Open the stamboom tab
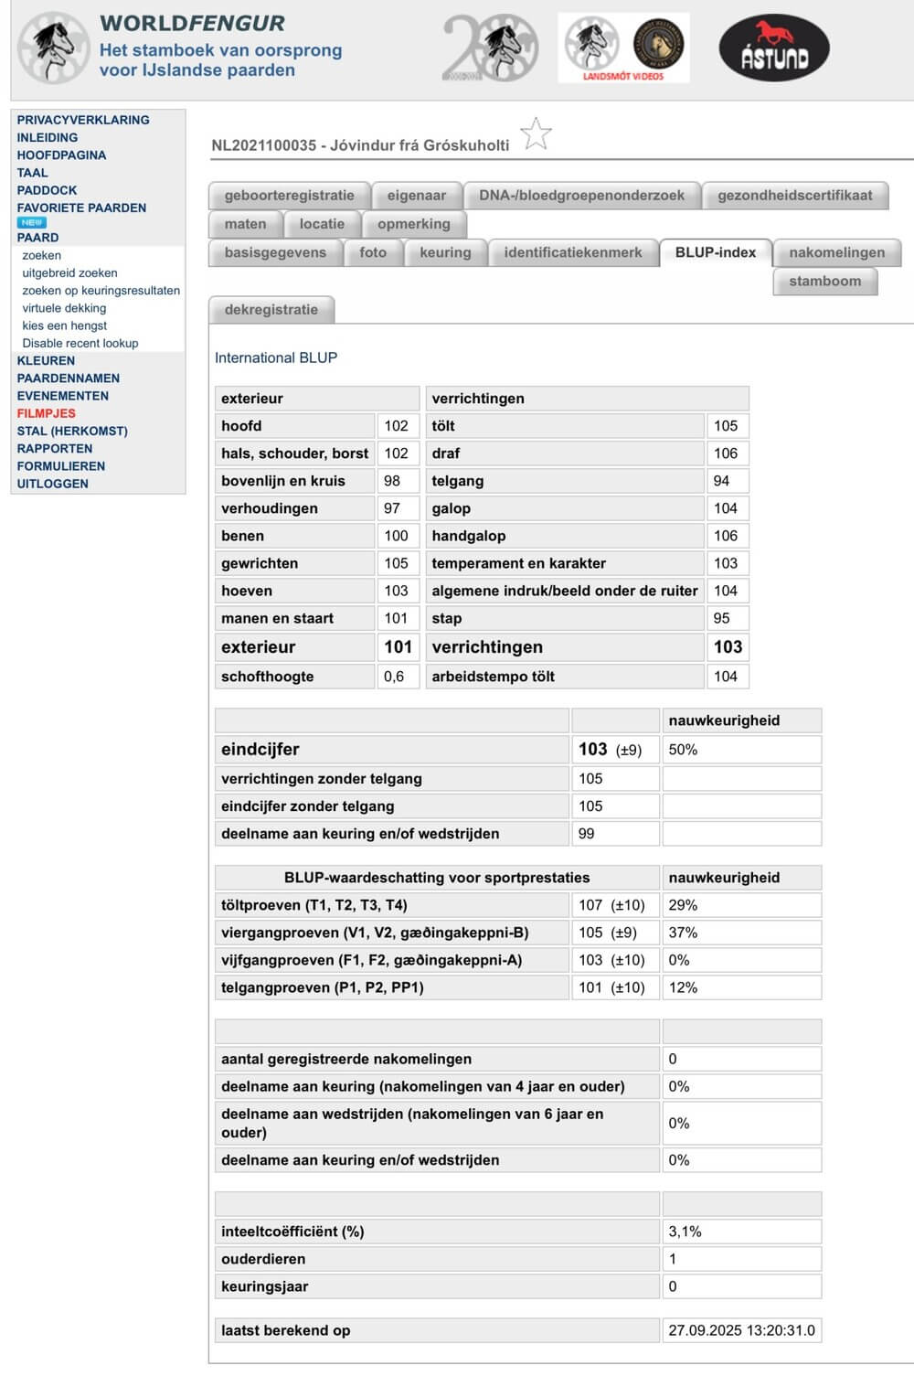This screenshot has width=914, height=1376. [x=824, y=282]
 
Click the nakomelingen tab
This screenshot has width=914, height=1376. [x=836, y=252]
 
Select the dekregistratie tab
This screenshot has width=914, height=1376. [x=271, y=310]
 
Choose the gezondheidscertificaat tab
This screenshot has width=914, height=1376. [x=794, y=196]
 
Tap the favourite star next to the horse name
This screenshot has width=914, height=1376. [x=537, y=134]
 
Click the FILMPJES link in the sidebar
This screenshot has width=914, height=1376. [x=47, y=413]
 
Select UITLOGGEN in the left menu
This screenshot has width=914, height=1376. [x=53, y=484]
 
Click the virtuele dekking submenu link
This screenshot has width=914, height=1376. [x=64, y=308]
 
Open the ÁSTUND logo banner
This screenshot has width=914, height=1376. [x=774, y=48]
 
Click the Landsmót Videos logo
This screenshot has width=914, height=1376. [x=624, y=48]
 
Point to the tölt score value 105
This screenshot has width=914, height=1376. [x=726, y=426]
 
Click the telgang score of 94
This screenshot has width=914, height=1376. [x=722, y=481]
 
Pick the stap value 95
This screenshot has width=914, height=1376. [x=722, y=618]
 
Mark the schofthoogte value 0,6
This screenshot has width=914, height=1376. [x=394, y=677]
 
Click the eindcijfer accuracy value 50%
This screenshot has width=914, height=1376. [x=683, y=750]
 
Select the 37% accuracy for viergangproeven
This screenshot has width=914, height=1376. [x=683, y=933]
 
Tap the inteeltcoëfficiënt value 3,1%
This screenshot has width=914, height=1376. [x=685, y=1232]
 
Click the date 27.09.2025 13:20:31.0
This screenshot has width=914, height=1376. [x=741, y=1330]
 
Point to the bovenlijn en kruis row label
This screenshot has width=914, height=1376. [x=283, y=481]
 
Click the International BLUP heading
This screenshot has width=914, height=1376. [x=276, y=357]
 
